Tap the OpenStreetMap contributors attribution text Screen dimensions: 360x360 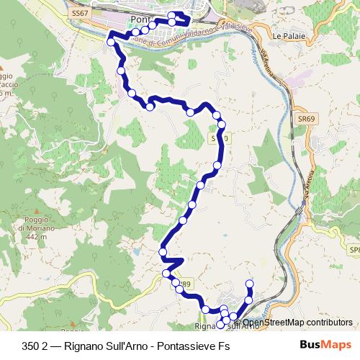[297, 323]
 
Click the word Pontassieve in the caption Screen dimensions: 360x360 [188, 346]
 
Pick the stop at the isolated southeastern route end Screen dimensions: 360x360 [250, 283]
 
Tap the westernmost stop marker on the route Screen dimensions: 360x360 [111, 42]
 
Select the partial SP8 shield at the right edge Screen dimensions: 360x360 [354, 249]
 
